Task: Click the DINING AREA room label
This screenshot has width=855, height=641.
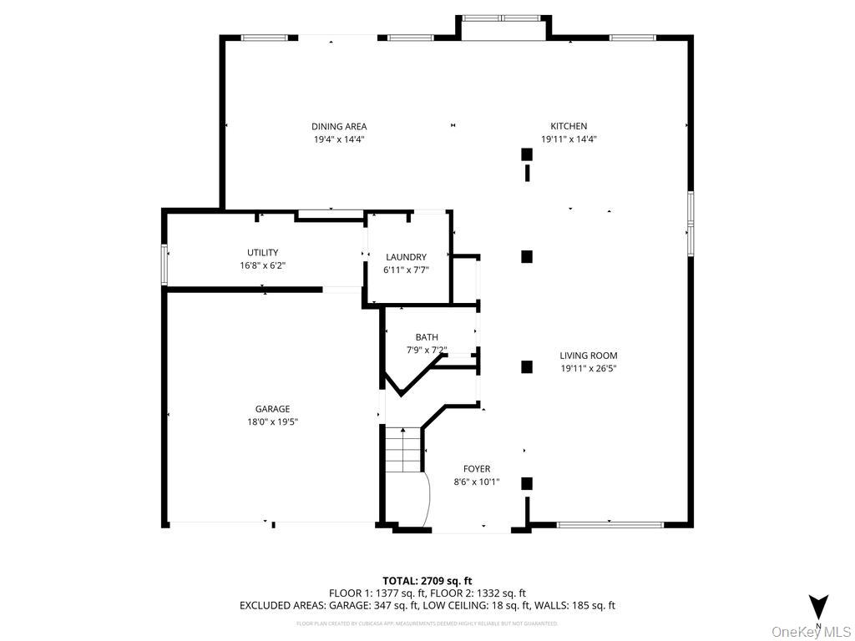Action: tap(339, 127)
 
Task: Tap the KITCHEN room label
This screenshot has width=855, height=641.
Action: tap(568, 127)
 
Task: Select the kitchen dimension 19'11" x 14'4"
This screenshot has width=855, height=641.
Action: tap(568, 139)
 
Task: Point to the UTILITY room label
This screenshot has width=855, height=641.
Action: tap(262, 252)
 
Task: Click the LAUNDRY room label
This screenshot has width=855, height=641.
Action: tap(406, 257)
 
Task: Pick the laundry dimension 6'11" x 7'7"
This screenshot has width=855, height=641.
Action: tap(406, 270)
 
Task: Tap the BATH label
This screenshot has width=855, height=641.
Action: tap(427, 337)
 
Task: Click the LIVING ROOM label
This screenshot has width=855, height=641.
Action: tap(589, 356)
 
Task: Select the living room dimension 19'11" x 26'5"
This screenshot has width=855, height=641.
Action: tap(589, 368)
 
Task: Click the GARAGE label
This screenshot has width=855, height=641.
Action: tap(272, 409)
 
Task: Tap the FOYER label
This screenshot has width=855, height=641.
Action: tap(477, 469)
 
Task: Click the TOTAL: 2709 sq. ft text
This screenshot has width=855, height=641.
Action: tap(427, 580)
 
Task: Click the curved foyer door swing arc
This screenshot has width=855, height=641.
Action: tap(425, 499)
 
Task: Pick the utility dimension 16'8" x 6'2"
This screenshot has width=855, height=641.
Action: tap(262, 265)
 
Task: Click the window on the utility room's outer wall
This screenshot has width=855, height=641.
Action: tap(165, 264)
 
